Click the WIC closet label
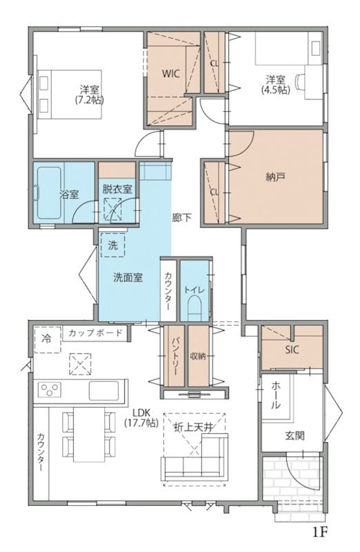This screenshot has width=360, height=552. coord(170,74)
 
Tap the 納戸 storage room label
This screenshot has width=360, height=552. coord(275,177)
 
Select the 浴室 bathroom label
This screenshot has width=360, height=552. coord(70,194)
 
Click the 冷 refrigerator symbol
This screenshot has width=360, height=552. coord(48,339)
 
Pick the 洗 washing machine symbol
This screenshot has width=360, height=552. coord(112,245)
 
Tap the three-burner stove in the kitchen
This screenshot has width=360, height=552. coord(50,391)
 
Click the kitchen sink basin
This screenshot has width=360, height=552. coord(104,391)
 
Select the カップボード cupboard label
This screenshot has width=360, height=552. coord(95,333)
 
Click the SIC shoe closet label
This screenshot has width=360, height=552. coord(292,350)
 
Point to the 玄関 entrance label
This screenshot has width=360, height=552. coord(294,436)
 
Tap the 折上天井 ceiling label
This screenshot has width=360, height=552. coord(194,427)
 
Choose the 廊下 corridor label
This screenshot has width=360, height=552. coord(181,217)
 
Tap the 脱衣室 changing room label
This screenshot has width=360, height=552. coord(117,189)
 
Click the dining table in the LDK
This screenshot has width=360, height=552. coord(89,435)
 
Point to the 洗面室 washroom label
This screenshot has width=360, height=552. coord(128,277)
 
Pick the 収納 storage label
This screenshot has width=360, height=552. coord(198,356)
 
